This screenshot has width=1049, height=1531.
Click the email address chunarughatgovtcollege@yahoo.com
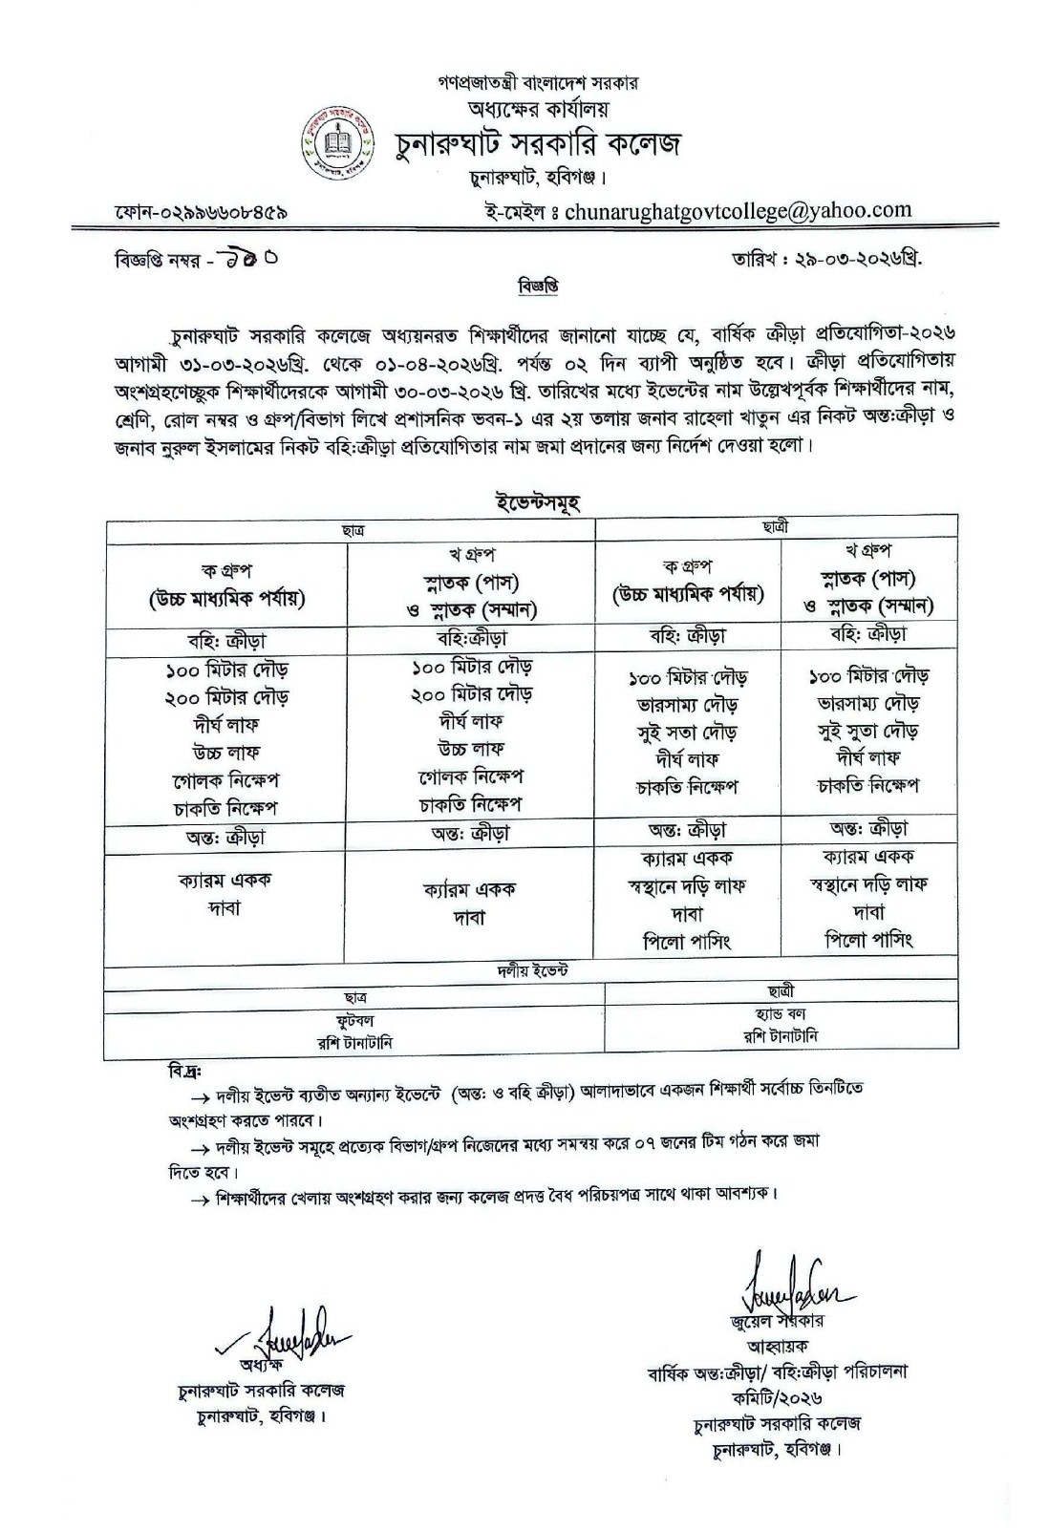[x=738, y=210]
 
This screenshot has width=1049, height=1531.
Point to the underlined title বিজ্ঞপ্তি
[x=540, y=285]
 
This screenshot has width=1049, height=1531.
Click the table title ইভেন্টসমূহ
[x=537, y=501]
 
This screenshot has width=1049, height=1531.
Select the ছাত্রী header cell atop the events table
[x=776, y=526]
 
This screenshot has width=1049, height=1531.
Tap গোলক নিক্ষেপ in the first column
[x=225, y=780]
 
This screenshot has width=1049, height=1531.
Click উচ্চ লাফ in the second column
[x=470, y=749]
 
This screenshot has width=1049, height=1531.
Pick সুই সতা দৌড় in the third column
[x=687, y=733]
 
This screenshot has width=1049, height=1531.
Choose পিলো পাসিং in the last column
[x=868, y=940]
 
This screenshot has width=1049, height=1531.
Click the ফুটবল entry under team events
[x=354, y=1020]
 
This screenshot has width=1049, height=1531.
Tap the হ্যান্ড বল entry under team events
[x=781, y=1014]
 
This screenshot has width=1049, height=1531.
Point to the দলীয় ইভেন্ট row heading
[x=532, y=970]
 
